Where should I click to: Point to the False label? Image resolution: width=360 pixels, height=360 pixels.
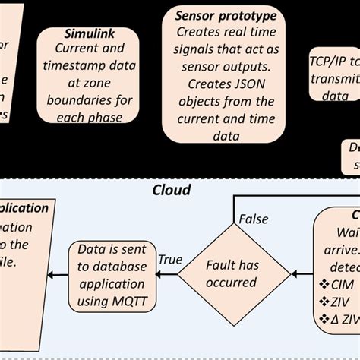click(x=254, y=219)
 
